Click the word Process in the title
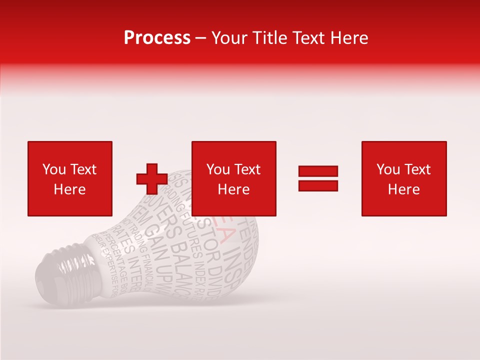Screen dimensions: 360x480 (x=157, y=38)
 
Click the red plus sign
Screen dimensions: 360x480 (x=152, y=179)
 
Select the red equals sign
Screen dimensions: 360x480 (x=318, y=178)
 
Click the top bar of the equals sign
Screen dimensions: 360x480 (x=318, y=171)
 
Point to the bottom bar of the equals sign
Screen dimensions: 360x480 (x=318, y=186)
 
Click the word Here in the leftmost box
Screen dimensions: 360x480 (x=69, y=189)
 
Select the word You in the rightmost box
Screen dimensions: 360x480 (x=388, y=169)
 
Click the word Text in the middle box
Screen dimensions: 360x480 (x=247, y=169)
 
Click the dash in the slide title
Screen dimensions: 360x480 (x=201, y=38)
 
